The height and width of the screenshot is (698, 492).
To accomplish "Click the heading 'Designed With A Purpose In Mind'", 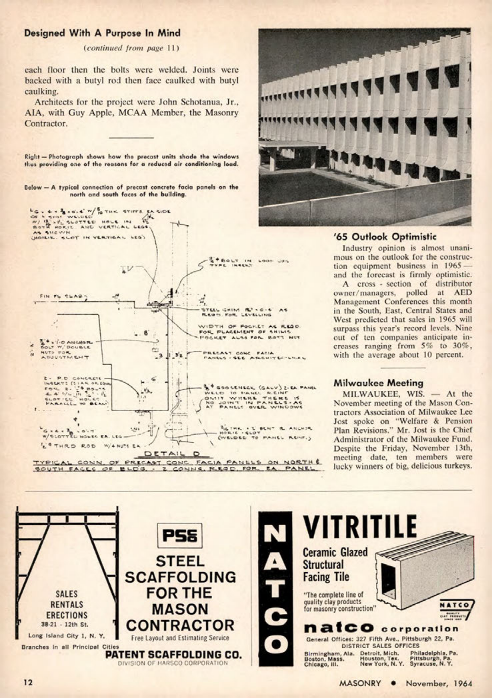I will pyautogui.click(x=102, y=33).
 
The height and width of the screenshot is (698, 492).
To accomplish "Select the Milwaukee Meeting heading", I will pyautogui.click(x=378, y=383).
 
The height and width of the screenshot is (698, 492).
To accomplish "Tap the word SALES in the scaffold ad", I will pyautogui.click(x=66, y=594).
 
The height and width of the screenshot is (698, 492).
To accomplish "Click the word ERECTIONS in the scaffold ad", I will pyautogui.click(x=66, y=615).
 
